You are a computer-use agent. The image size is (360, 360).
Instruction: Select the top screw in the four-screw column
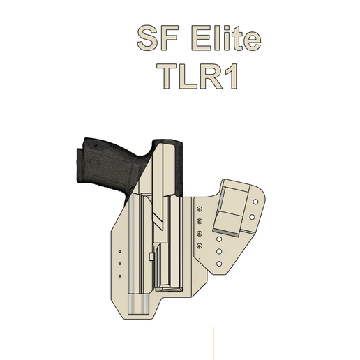(x=200, y=209)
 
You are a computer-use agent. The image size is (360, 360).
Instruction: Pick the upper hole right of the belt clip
(x=255, y=201)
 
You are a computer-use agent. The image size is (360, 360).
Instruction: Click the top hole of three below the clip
(x=219, y=239)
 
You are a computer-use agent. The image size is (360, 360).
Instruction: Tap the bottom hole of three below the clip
(x=219, y=264)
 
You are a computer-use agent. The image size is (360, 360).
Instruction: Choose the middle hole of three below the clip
(x=219, y=251)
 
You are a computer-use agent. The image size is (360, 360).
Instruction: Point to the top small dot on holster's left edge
(x=119, y=249)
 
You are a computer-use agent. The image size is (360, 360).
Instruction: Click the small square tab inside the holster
(x=152, y=257)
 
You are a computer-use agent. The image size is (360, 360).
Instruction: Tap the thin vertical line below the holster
(x=213, y=342)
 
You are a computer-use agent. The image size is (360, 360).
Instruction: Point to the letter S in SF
(x=144, y=40)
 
